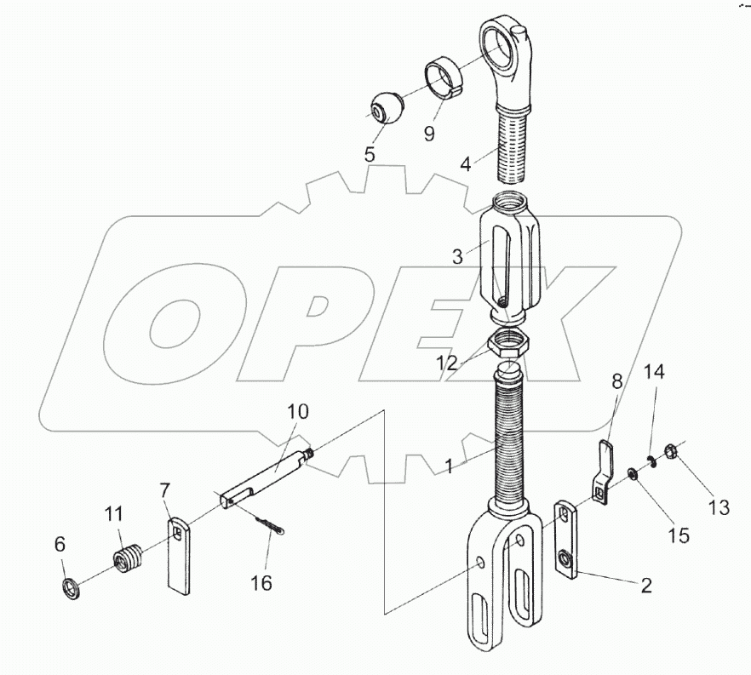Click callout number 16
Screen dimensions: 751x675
pos(261,583)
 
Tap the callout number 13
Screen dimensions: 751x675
pos(719,507)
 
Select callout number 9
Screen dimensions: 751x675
pos(429,134)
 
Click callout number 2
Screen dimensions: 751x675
pos(646,585)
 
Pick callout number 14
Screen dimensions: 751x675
pos(654,371)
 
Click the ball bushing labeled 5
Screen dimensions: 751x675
pos(386,108)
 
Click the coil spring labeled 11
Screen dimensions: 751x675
pos(128,557)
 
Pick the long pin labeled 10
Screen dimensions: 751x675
pos(267,475)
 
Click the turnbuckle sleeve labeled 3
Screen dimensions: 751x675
pos(510,259)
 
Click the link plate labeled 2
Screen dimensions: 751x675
pos(567,539)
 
